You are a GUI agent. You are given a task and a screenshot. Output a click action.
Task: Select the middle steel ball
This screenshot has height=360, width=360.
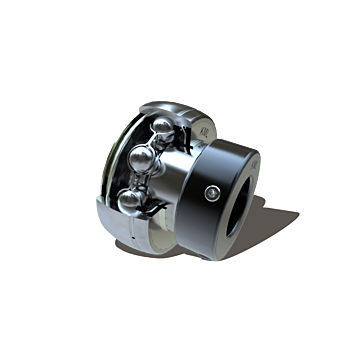coord(144,163)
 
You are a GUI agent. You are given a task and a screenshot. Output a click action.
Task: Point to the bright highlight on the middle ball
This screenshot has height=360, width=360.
coord(140,158)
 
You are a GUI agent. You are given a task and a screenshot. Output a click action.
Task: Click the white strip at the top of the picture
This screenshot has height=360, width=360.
coord(180,20)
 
